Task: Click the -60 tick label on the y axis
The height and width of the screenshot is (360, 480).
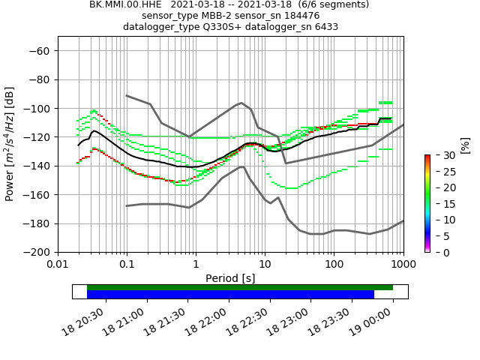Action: click(x=39, y=50)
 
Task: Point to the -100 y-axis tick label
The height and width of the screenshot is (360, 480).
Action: click(x=36, y=108)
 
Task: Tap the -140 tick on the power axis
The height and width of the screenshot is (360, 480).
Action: click(x=36, y=166)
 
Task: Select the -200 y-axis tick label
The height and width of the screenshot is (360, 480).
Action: click(x=36, y=252)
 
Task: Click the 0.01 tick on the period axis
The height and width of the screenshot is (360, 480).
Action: click(x=58, y=265)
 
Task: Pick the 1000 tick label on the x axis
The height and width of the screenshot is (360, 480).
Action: click(x=403, y=265)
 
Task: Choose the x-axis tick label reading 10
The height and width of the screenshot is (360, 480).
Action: click(x=265, y=265)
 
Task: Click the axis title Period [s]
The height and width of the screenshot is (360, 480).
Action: click(x=230, y=278)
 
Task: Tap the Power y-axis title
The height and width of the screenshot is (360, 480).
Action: click(x=10, y=144)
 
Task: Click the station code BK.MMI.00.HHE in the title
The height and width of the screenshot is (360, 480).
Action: click(x=124, y=4)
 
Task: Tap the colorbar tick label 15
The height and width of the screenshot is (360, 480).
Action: click(x=441, y=204)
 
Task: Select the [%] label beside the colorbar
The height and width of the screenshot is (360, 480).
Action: click(x=465, y=145)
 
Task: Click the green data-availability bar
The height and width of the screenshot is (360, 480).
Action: click(x=239, y=287)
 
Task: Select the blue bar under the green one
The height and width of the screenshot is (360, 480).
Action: click(x=230, y=295)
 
